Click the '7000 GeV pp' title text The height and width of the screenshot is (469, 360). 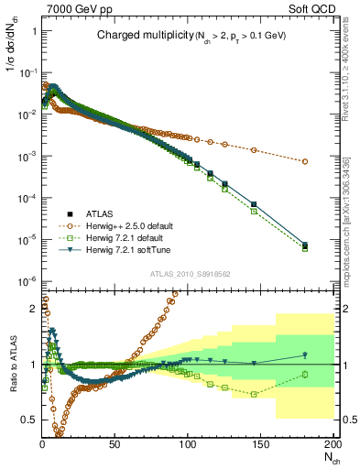(x=76, y=8)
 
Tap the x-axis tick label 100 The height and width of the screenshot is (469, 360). (x=188, y=445)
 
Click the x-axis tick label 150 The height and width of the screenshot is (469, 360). (x=260, y=445)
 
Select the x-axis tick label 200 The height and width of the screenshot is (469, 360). (x=332, y=445)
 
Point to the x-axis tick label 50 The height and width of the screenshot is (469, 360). (x=115, y=445)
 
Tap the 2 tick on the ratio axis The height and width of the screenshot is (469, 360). (x=33, y=309)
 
